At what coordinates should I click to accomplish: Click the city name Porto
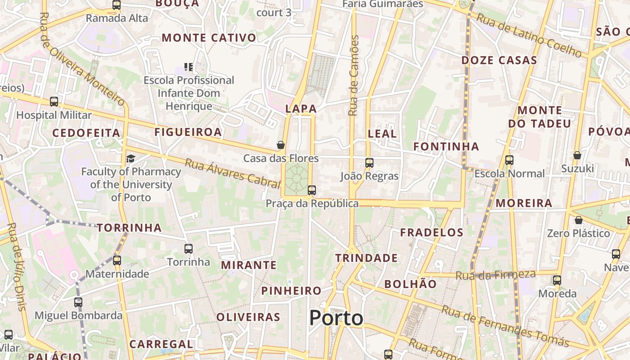(x=336, y=318)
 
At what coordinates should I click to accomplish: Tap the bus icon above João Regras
(x=369, y=163)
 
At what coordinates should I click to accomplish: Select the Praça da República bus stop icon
(x=312, y=190)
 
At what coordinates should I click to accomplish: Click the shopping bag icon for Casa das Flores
(x=281, y=145)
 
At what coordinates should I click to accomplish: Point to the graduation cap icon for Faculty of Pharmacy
(x=130, y=158)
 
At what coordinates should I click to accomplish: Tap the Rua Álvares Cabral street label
(x=232, y=173)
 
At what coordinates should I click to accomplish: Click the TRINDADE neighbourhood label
(x=366, y=258)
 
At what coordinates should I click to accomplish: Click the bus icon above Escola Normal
(x=509, y=160)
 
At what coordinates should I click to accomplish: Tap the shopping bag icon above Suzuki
(x=577, y=156)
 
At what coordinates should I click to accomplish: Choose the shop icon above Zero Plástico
(x=579, y=220)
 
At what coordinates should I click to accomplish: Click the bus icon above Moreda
(x=557, y=280)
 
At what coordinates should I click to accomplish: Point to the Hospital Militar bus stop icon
(x=54, y=102)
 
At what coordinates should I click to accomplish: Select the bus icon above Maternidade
(x=117, y=260)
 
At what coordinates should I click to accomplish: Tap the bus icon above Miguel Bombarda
(x=78, y=302)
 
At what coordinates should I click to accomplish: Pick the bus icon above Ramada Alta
(x=117, y=5)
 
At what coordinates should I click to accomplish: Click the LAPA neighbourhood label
(x=301, y=109)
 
